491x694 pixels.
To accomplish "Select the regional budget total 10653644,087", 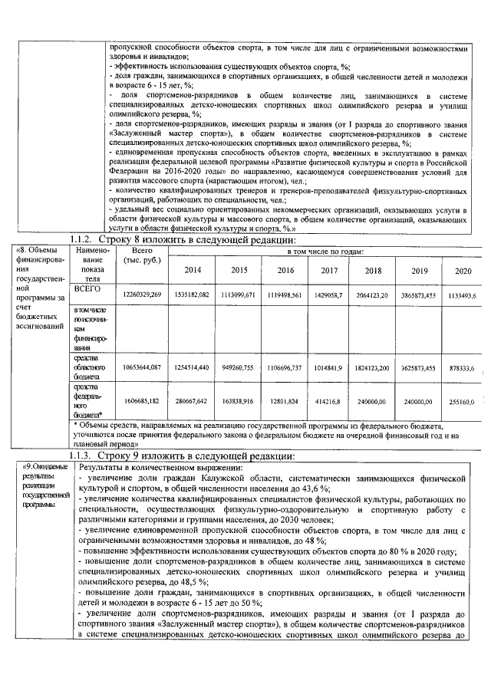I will pos(142,368).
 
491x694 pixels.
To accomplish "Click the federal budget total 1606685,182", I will pos(142,400).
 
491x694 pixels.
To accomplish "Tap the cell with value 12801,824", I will pos(284,400).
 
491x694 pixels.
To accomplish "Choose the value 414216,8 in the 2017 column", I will pos(329,400).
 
